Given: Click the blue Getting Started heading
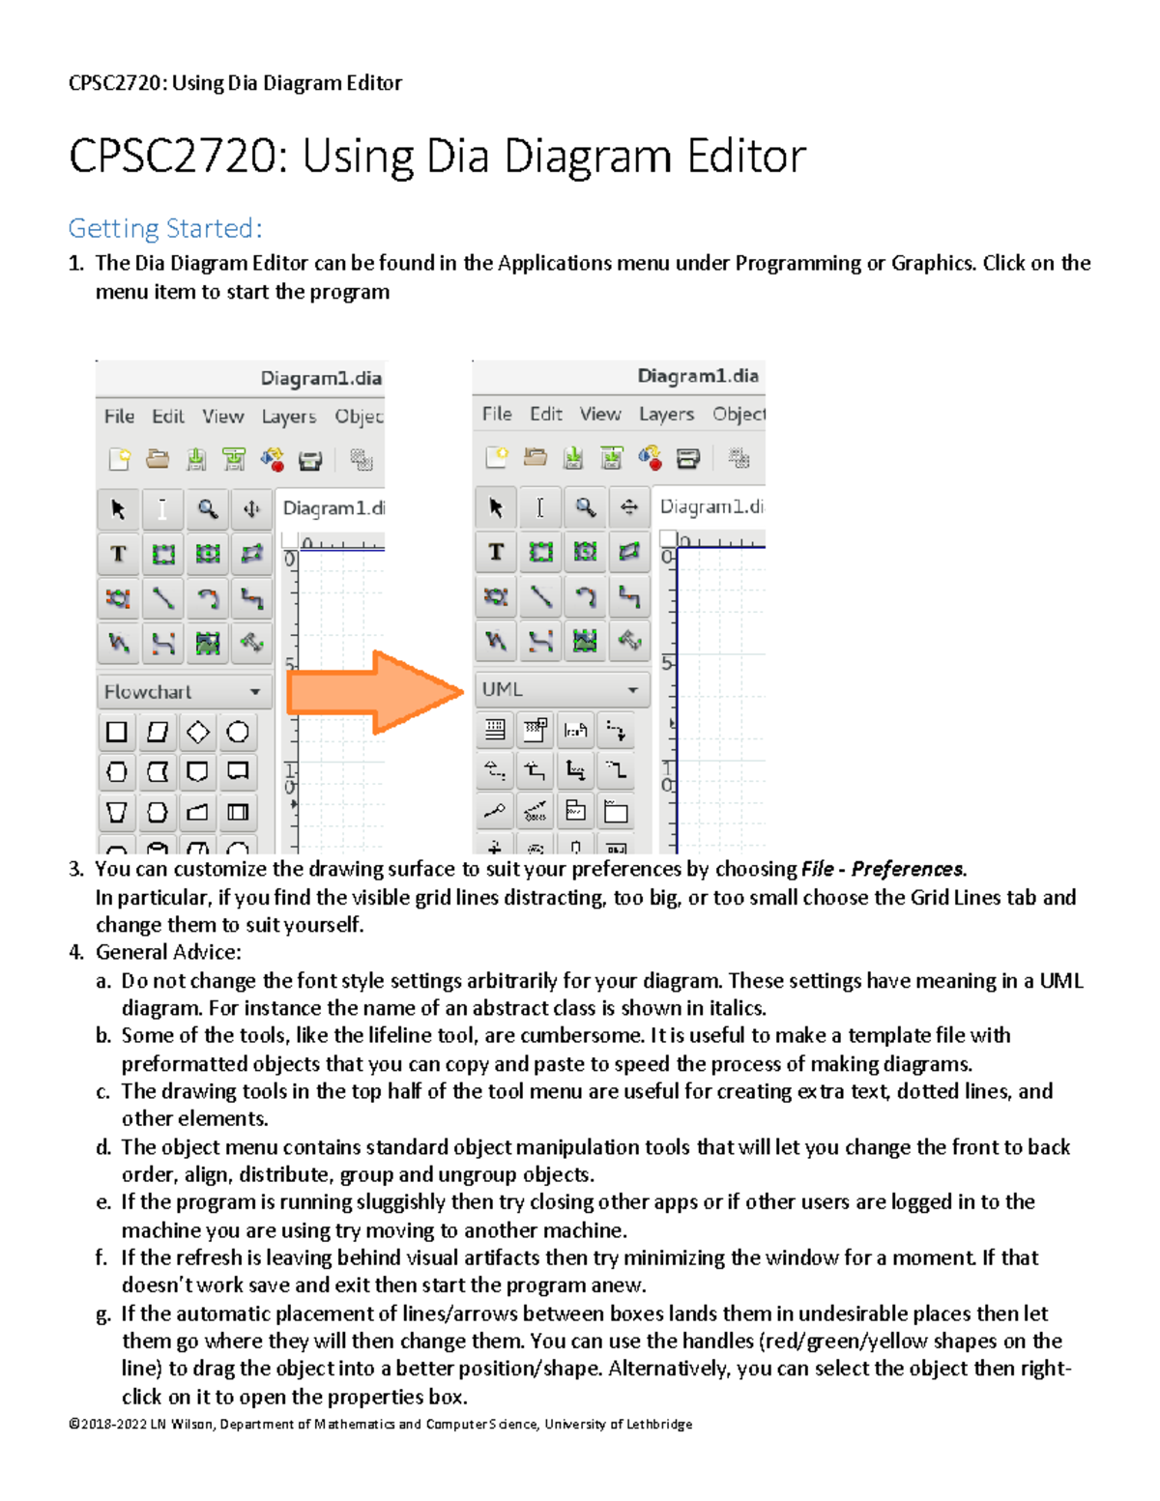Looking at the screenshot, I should click(x=165, y=228).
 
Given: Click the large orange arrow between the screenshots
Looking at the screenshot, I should click(x=377, y=692).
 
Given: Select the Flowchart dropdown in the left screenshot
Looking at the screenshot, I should click(x=183, y=692).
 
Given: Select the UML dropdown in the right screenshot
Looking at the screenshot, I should click(x=561, y=689).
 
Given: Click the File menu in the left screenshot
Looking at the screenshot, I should click(x=119, y=416).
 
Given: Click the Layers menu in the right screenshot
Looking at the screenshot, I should click(x=666, y=414).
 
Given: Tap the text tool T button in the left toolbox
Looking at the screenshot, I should click(x=118, y=554).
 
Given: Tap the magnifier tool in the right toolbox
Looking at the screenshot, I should click(x=585, y=507).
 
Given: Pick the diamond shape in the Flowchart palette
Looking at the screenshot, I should click(x=198, y=733).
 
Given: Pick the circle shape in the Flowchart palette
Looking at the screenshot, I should click(x=238, y=733).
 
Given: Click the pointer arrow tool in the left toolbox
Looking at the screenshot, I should click(x=118, y=509).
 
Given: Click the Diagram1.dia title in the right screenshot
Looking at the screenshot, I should click(x=697, y=376).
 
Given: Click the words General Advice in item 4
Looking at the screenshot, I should click(x=168, y=952).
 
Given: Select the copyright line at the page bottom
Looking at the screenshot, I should click(x=380, y=1424).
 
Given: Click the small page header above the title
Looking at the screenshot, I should click(x=235, y=83).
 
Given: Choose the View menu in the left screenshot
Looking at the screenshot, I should click(x=222, y=416).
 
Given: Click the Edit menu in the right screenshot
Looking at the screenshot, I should click(x=546, y=414).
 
